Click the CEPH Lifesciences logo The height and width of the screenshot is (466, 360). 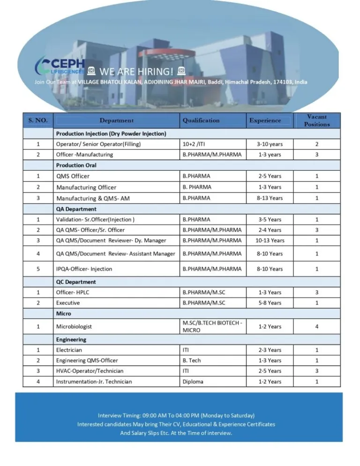(61, 66)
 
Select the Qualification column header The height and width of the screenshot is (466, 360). (201, 120)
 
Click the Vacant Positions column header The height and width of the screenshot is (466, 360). (316, 120)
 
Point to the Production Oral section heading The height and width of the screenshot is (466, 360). (76, 165)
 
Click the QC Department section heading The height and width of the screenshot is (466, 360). (76, 282)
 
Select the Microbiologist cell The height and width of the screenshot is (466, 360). (74, 326)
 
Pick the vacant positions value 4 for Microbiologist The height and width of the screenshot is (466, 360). (317, 326)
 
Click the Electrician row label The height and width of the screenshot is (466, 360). (69, 350)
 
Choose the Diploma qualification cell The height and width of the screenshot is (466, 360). (193, 382)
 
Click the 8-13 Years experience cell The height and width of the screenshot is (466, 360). (270, 198)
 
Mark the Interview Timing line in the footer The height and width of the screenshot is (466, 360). (176, 415)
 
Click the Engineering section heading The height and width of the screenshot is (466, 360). (71, 339)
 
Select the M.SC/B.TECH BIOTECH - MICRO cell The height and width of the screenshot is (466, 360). (212, 326)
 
